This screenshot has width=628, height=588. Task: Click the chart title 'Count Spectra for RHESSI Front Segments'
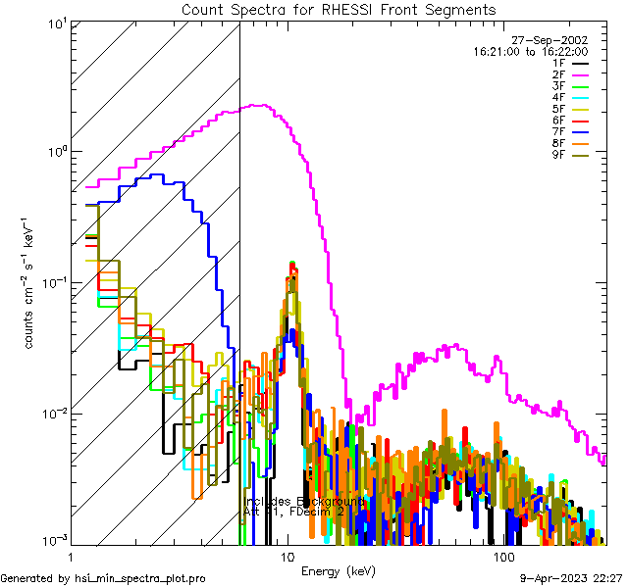click(x=339, y=10)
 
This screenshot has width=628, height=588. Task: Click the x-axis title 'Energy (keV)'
click(x=338, y=571)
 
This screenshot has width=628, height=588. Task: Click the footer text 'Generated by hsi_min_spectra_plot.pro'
click(x=103, y=579)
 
